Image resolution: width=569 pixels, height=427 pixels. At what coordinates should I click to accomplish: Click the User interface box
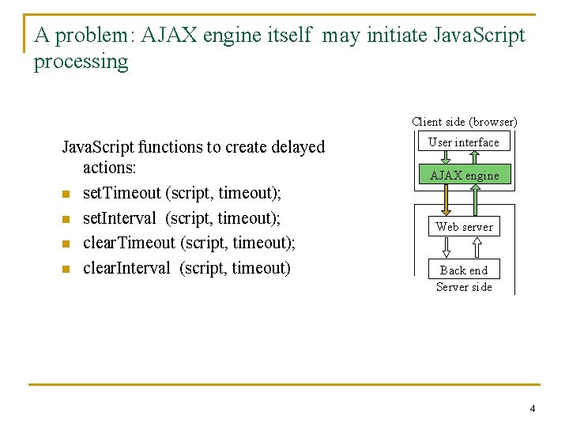(464, 142)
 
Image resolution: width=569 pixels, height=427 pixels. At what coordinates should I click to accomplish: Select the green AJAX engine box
(464, 175)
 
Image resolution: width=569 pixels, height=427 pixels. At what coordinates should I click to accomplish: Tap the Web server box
(464, 226)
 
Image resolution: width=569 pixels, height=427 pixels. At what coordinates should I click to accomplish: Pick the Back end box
(464, 270)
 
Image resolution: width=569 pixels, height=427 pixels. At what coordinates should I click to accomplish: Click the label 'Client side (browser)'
(465, 122)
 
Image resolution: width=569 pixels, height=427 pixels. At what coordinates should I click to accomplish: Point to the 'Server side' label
(464, 287)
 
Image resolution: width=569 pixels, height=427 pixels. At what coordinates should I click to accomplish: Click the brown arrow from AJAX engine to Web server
(446, 199)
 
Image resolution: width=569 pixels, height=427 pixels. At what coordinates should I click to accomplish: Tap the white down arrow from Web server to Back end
(446, 248)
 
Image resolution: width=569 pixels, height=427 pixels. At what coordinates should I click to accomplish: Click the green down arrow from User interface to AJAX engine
(446, 158)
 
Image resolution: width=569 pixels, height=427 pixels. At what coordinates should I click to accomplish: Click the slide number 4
(533, 409)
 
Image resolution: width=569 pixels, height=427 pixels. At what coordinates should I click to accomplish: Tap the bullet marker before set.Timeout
(66, 194)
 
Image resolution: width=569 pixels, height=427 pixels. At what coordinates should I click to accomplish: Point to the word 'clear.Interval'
(126, 268)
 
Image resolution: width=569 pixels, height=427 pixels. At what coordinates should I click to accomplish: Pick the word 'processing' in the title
(81, 62)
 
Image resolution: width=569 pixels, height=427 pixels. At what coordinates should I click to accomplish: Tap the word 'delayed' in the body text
(298, 147)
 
